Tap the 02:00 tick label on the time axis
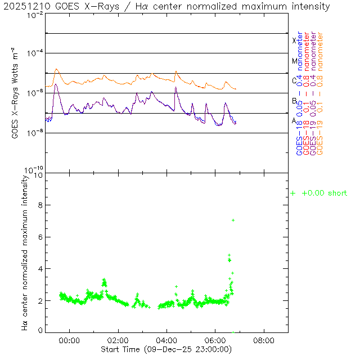pos(118,340)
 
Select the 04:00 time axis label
pos(167,340)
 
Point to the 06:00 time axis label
pos(215,340)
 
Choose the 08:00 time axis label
pos(264,340)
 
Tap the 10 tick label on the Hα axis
pos(39,175)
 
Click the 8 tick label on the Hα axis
pos(40,206)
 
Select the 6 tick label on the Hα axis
pos(40,237)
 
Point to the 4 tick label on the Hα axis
pos(40,269)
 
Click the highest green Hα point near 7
pos(233,220)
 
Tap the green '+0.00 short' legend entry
pos(319,193)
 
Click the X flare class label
pos(294,40)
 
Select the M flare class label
pos(294,61)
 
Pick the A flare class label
pos(294,121)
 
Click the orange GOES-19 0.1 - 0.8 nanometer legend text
pos(320,93)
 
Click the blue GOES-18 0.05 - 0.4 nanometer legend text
pos(299,93)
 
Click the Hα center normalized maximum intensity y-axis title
pos(25,252)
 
